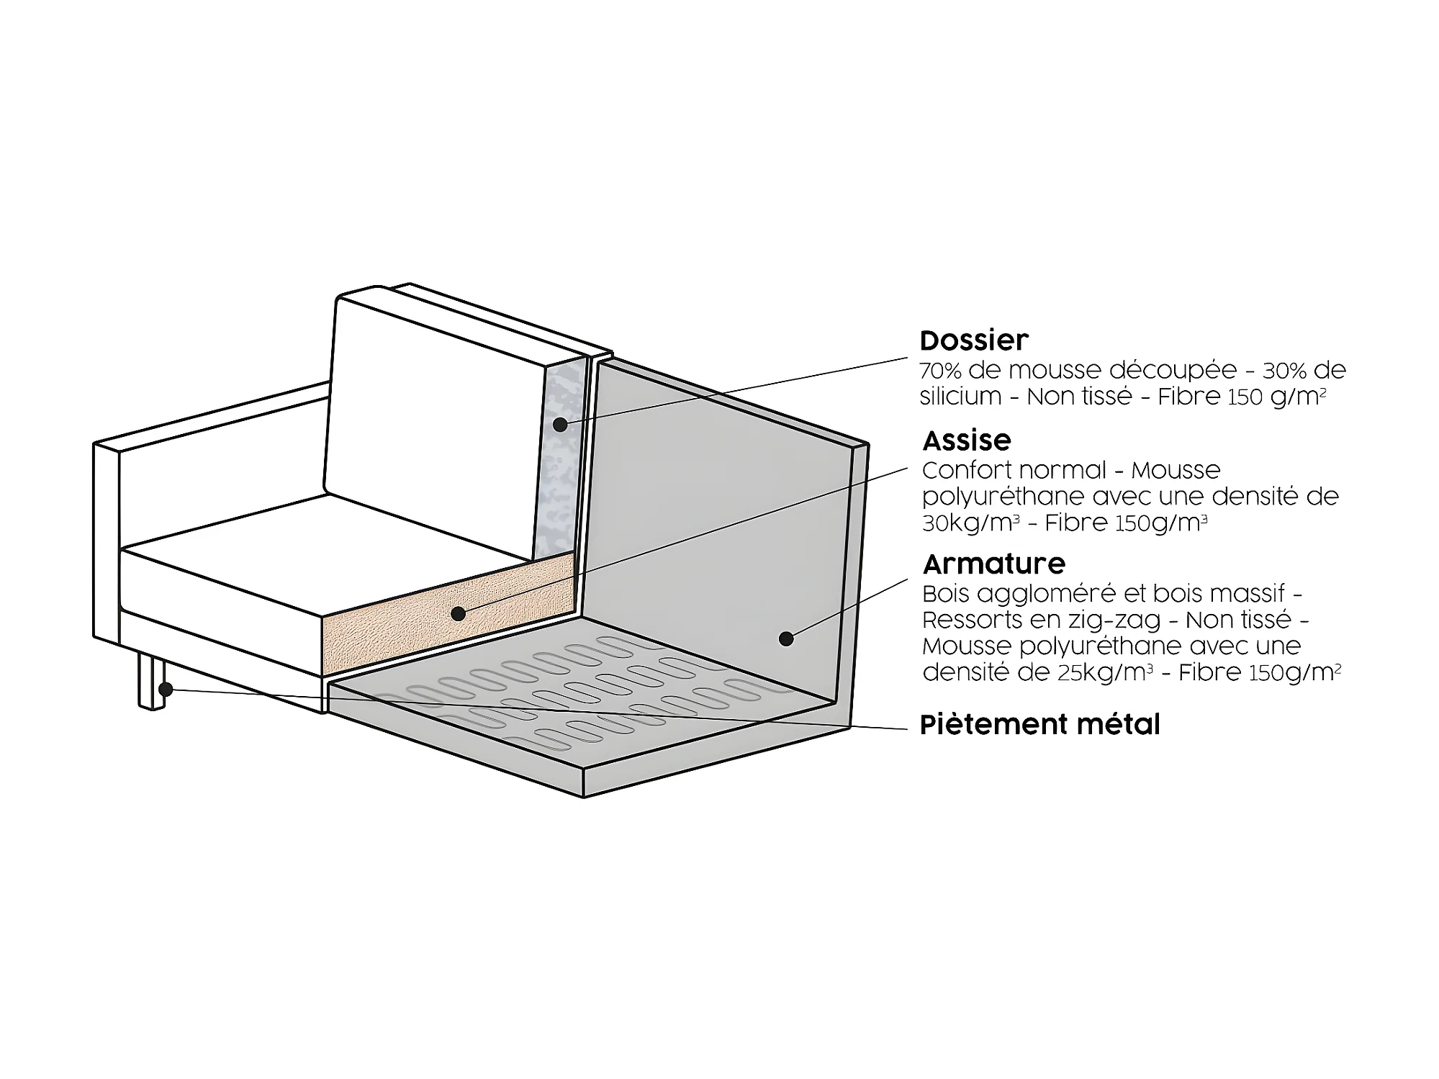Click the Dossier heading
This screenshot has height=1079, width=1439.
click(x=974, y=340)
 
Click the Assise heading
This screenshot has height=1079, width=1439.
click(x=967, y=440)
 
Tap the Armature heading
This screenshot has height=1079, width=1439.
click(x=993, y=564)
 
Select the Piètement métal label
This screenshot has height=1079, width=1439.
click(x=1040, y=724)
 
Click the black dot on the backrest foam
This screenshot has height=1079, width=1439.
click(x=560, y=424)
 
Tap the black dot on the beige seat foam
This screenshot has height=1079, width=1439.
click(x=458, y=613)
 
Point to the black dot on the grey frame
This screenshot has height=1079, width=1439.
click(x=786, y=638)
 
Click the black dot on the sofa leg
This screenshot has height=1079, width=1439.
click(x=166, y=689)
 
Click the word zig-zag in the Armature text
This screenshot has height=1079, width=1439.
click(x=1131, y=620)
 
